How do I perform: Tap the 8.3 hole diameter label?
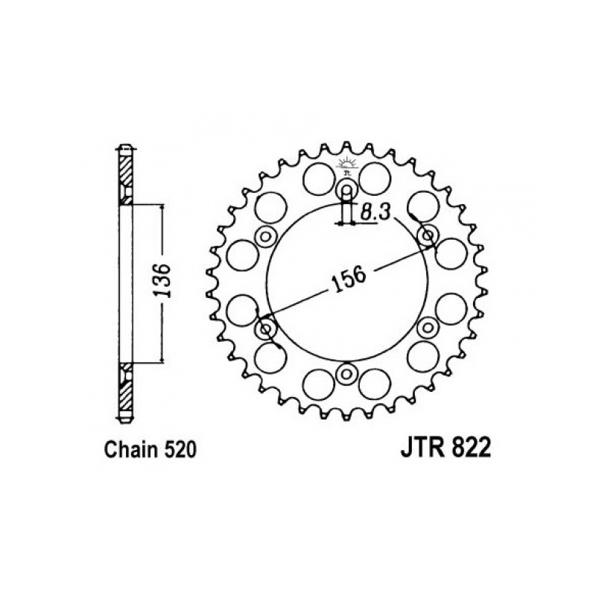(x=375, y=212)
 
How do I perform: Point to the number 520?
(x=180, y=450)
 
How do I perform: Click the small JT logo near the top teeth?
(x=346, y=166)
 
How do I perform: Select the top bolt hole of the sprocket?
(x=346, y=188)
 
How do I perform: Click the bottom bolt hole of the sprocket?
(x=346, y=373)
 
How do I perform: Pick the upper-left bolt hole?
(x=266, y=237)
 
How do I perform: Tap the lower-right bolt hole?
(x=428, y=327)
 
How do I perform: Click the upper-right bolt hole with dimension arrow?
(x=428, y=235)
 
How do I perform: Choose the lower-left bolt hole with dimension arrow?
(x=266, y=328)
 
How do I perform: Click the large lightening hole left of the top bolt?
(x=319, y=178)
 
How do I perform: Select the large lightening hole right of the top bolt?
(x=375, y=178)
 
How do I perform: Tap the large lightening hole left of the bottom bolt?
(x=319, y=384)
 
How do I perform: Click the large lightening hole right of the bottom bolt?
(x=375, y=384)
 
